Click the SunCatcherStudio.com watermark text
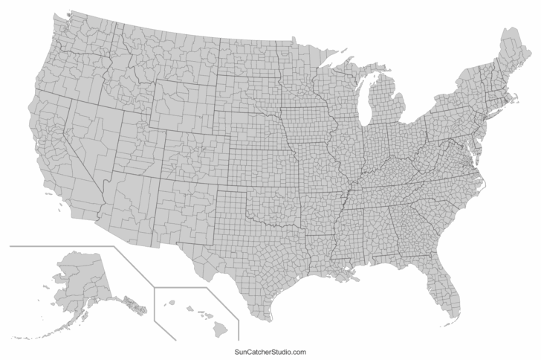[x=270, y=352]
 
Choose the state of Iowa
[x=305, y=122]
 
